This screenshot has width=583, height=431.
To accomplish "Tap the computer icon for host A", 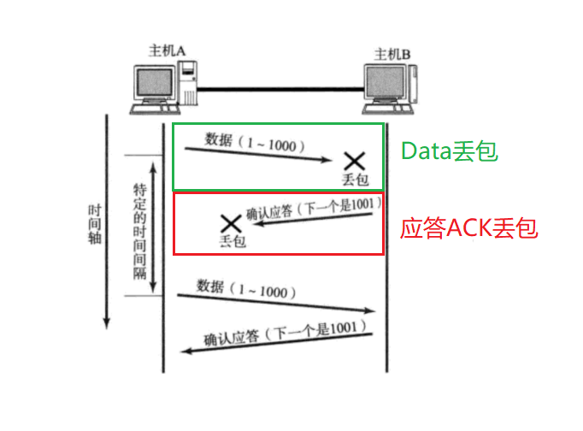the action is pyautogui.click(x=159, y=86).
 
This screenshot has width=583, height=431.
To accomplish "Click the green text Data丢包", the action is pyautogui.click(x=450, y=153).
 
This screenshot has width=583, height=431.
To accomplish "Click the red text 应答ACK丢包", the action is pyautogui.click(x=469, y=228).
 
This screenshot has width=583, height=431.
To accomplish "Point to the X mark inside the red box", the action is pyautogui.click(x=229, y=224).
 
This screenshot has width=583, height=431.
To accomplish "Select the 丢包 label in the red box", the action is pyautogui.click(x=232, y=242).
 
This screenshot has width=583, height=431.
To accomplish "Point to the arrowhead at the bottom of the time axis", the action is pyautogui.click(x=107, y=323).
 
